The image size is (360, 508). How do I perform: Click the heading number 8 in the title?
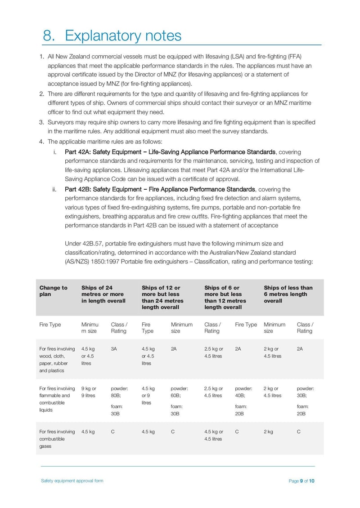tap(48, 35)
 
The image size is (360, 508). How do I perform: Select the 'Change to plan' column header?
tap(53, 291)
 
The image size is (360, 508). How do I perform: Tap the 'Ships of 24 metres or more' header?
tap(103, 294)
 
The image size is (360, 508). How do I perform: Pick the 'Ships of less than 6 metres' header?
tap(288, 294)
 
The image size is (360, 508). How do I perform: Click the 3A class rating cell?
tap(114, 348)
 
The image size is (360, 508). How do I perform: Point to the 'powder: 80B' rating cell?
tap(119, 392)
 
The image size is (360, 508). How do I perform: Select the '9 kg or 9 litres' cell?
tap(88, 392)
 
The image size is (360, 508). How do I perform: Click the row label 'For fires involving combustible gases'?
tap(57, 438)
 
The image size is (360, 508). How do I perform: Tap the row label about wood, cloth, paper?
tap(57, 359)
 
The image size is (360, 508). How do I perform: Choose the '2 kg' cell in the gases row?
tap(268, 432)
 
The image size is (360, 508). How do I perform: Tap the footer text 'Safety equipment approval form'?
tap(72, 481)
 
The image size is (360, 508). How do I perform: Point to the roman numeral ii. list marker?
tap(55, 189)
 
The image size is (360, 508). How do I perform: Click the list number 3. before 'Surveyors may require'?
tap(41, 122)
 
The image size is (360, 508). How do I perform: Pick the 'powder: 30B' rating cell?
tap(306, 392)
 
